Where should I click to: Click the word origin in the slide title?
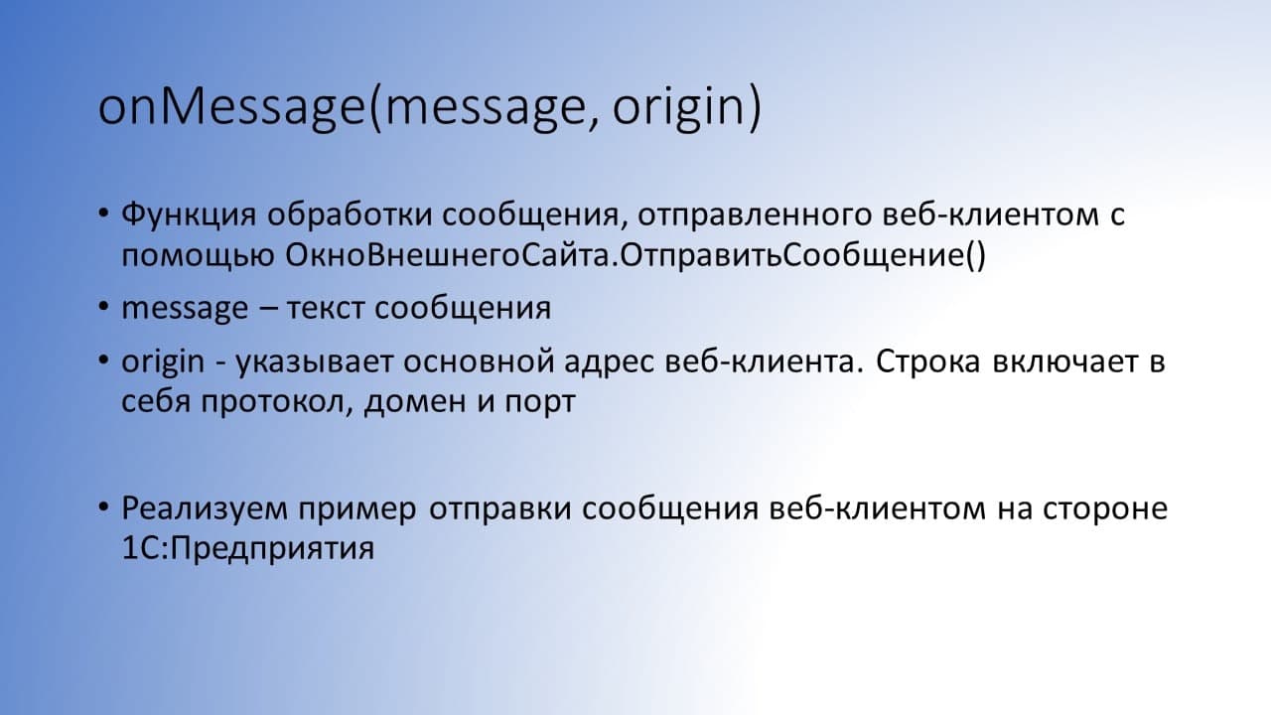pyautogui.click(x=678, y=108)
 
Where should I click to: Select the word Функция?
pyautogui.click(x=189, y=215)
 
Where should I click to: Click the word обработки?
pyautogui.click(x=349, y=214)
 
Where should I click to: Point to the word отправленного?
pyautogui.click(x=755, y=215)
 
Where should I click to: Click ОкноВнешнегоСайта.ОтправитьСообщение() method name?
pyautogui.click(x=635, y=256)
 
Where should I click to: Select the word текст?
pyautogui.click(x=325, y=309)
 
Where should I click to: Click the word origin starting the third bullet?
pyautogui.click(x=163, y=362)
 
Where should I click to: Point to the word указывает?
pyautogui.click(x=314, y=362)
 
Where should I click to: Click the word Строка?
pyautogui.click(x=927, y=360)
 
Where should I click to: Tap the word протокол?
pyautogui.click(x=277, y=403)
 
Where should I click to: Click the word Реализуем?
pyautogui.click(x=205, y=508)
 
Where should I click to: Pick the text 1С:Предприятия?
pyautogui.click(x=248, y=549)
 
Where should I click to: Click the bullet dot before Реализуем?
pyautogui.click(x=102, y=505)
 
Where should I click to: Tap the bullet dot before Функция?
pyautogui.click(x=102, y=213)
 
